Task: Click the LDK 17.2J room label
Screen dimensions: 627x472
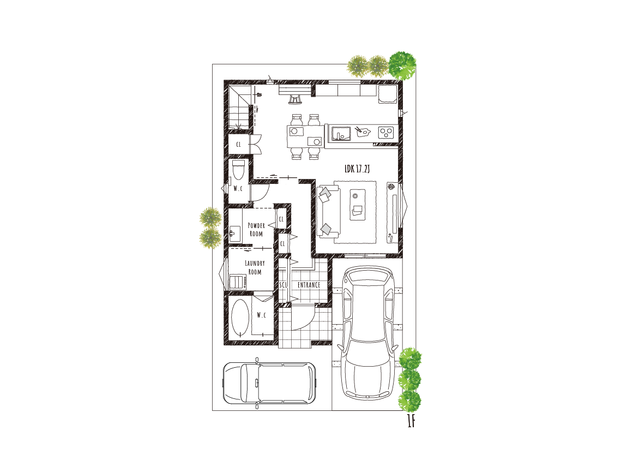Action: point(357,169)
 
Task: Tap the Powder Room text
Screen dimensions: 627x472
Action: point(256,229)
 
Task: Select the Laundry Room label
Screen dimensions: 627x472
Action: point(255,267)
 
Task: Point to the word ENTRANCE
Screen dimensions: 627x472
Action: point(309,285)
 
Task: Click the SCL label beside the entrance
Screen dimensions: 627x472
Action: point(283,285)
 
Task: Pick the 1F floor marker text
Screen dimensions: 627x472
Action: point(411,421)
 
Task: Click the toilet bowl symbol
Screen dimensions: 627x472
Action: point(238,170)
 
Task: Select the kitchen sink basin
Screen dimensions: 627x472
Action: point(340,133)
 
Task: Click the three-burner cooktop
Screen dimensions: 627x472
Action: point(386,133)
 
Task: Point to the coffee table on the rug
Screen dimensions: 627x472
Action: point(358,204)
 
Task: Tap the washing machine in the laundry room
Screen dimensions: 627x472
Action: point(237,282)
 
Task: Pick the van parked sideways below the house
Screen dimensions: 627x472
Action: point(269,384)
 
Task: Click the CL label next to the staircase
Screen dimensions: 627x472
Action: point(239,145)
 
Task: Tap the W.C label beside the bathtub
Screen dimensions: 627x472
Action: point(261,315)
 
